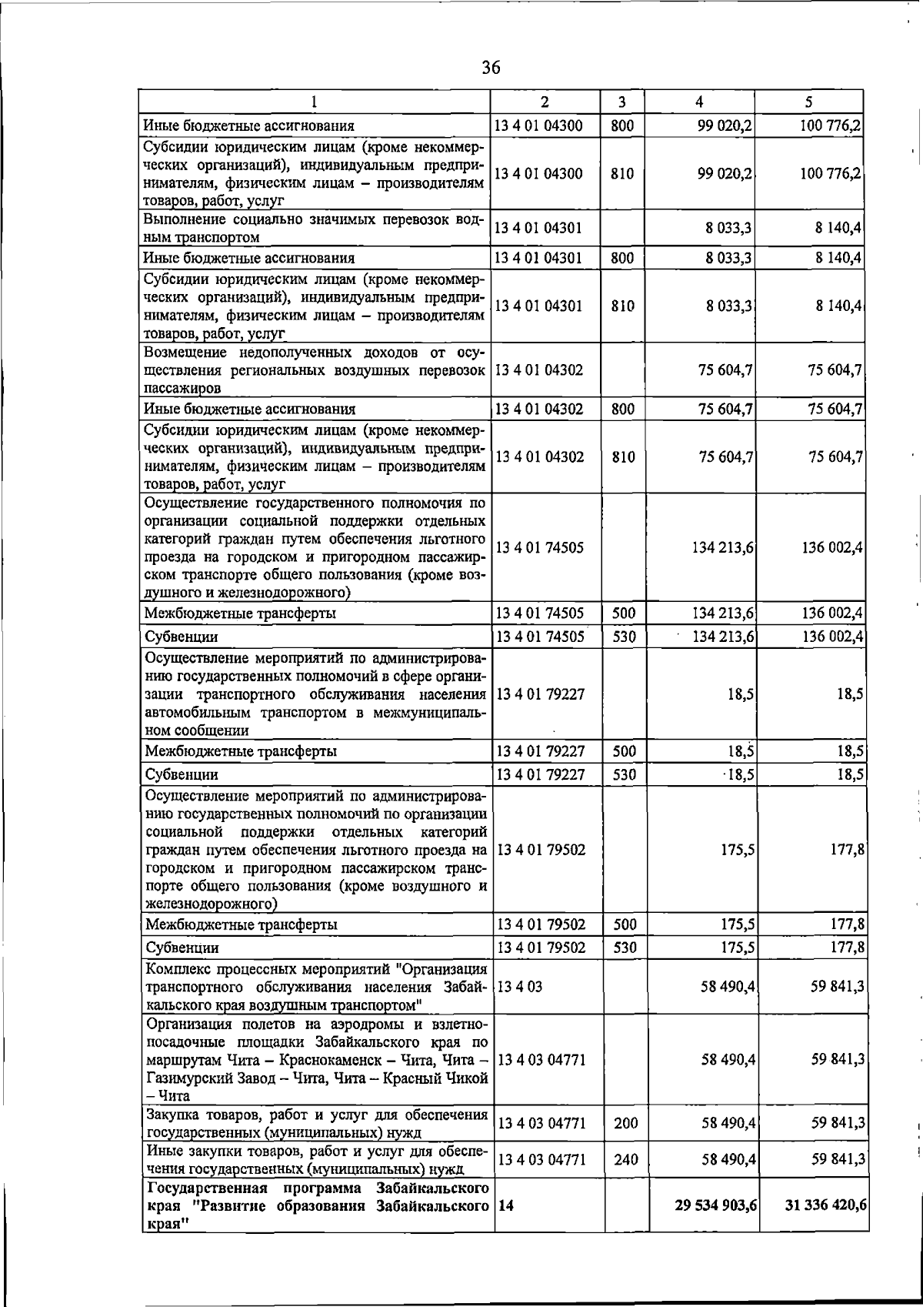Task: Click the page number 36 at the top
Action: pyautogui.click(x=491, y=69)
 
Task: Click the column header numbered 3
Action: pyautogui.click(x=621, y=102)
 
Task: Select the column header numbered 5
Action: pyautogui.click(x=808, y=102)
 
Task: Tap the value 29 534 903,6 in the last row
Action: pyautogui.click(x=715, y=1226)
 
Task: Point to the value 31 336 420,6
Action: pyautogui.click(x=825, y=1226)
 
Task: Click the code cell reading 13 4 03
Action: pyautogui.click(x=520, y=987)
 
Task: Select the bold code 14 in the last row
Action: pyautogui.click(x=505, y=1226)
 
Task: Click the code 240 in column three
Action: pyautogui.click(x=625, y=1159)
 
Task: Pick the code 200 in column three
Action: pyautogui.click(x=625, y=1123)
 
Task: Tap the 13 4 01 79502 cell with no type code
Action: pyautogui.click(x=541, y=851)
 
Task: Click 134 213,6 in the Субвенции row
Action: pyautogui.click(x=723, y=637)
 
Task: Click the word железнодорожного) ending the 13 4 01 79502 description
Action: pyautogui.click(x=212, y=904)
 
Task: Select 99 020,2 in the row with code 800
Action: pyautogui.click(x=724, y=125)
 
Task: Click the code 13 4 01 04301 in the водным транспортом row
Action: pyautogui.click(x=538, y=228)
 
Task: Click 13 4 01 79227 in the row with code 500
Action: pyautogui.click(x=541, y=751)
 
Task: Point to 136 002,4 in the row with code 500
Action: pyautogui.click(x=831, y=613)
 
